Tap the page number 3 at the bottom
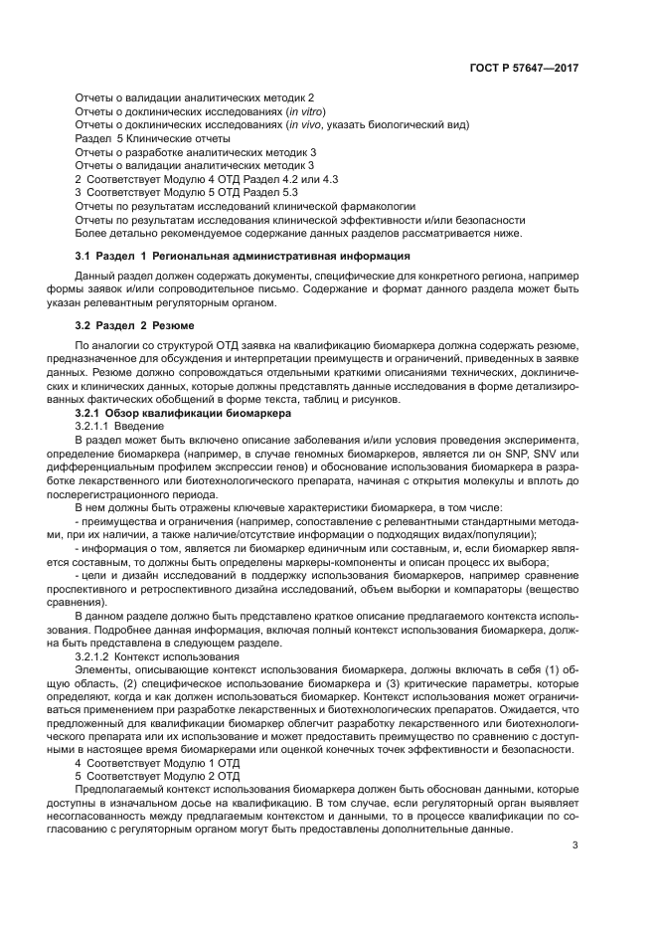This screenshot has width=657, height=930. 575,845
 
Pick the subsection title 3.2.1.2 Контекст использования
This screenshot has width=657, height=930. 157,658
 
